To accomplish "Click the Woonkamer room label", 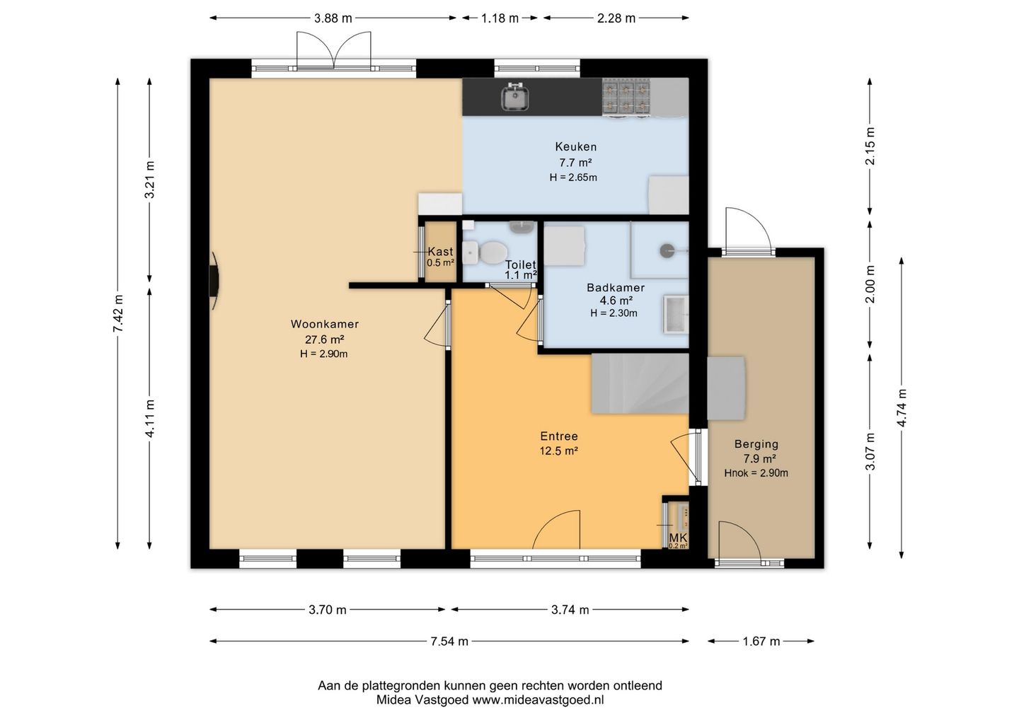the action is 324,324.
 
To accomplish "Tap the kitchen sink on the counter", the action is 515,98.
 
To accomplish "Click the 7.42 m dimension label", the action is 117,313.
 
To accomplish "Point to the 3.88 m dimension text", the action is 333,18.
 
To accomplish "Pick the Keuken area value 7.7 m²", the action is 575,162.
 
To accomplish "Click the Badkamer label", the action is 616,288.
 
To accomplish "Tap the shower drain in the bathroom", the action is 667,250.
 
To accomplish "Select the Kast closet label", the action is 440,251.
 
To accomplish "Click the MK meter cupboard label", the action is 678,538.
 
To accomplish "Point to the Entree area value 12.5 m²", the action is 558,451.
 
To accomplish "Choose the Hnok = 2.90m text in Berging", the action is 756,473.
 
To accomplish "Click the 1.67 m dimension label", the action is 761,641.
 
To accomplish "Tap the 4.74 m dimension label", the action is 902,407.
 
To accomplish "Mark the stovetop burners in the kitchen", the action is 626,98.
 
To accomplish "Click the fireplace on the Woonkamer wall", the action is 214,281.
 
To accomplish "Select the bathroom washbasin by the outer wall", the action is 676,314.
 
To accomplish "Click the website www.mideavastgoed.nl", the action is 538,699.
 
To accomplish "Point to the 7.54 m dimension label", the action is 449,641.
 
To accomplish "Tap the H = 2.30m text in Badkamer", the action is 614,313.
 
